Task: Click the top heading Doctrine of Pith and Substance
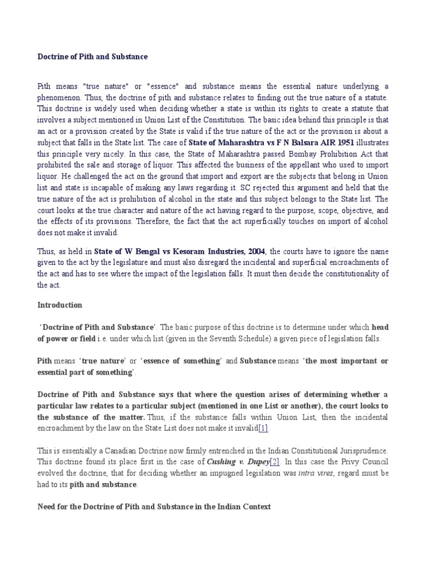93,56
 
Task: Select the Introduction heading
59,305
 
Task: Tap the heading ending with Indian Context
154,506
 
